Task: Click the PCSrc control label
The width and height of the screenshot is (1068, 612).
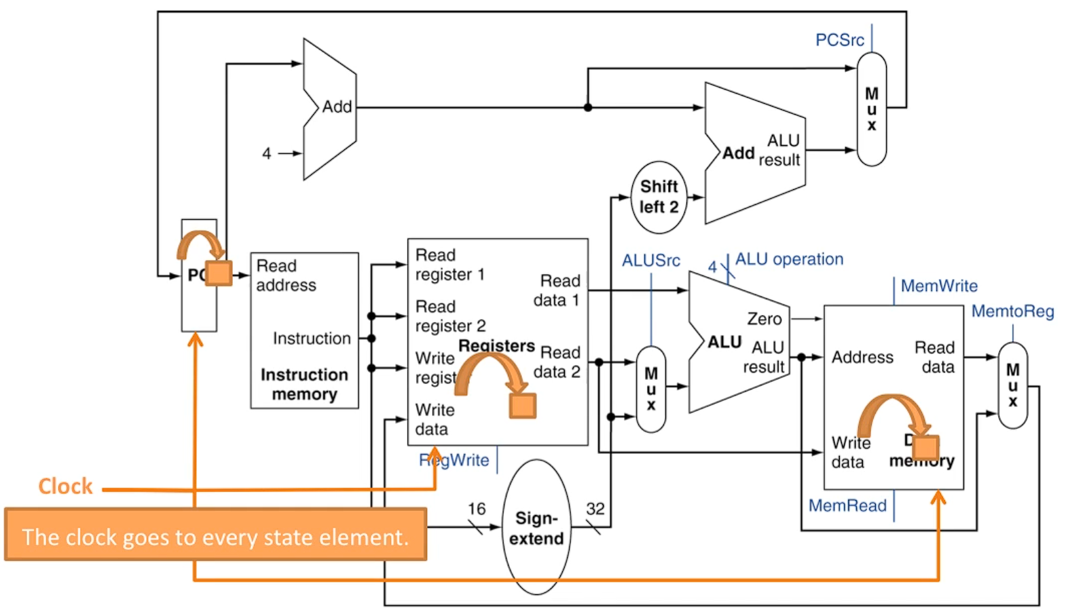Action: [x=839, y=40]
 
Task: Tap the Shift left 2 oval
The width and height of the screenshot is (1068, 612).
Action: [x=659, y=197]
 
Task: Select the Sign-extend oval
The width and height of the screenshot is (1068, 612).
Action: [x=536, y=528]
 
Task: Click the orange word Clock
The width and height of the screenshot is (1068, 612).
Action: [x=65, y=486]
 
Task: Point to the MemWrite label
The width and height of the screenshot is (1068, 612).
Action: [x=939, y=286]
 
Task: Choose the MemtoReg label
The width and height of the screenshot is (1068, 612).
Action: [x=1012, y=311]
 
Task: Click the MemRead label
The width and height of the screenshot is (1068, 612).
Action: [x=847, y=505]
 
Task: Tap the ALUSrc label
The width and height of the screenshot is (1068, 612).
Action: [x=650, y=261]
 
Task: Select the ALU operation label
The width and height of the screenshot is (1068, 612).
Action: [x=789, y=259]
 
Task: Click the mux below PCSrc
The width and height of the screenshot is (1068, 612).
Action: [x=872, y=109]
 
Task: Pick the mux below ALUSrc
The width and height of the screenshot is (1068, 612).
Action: [x=651, y=389]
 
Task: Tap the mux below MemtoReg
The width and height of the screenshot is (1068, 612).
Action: [x=1013, y=385]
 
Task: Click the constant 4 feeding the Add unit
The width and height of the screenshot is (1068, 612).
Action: [x=267, y=154]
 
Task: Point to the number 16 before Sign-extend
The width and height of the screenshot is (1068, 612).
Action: [x=477, y=509]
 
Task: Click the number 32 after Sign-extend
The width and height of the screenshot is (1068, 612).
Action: [x=595, y=509]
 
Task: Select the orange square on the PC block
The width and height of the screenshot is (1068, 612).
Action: [x=219, y=273]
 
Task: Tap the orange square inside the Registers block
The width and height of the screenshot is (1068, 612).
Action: [x=523, y=406]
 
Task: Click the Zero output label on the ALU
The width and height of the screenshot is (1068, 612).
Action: [x=765, y=319]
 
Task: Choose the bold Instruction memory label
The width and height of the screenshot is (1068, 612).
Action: [x=304, y=384]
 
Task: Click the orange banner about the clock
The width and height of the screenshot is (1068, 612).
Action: [x=215, y=536]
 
